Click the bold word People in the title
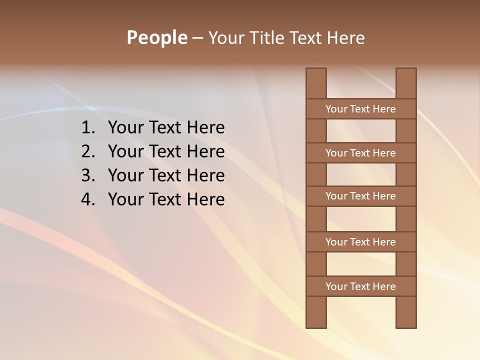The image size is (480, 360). pyautogui.click(x=157, y=37)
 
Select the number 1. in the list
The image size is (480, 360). pyautogui.click(x=88, y=128)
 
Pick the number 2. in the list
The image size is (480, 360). pyautogui.click(x=88, y=151)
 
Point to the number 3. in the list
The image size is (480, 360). pyautogui.click(x=88, y=175)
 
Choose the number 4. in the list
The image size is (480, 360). pyautogui.click(x=88, y=199)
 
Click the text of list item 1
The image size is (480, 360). pyautogui.click(x=166, y=128)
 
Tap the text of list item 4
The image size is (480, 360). pyautogui.click(x=166, y=199)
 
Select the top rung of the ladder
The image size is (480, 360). pyautogui.click(x=360, y=109)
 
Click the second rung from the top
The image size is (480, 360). pyautogui.click(x=360, y=153)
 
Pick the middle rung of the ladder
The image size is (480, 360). pyautogui.click(x=360, y=196)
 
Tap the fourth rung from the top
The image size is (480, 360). pyautogui.click(x=360, y=242)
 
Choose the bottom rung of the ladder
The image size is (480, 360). pyautogui.click(x=360, y=286)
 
